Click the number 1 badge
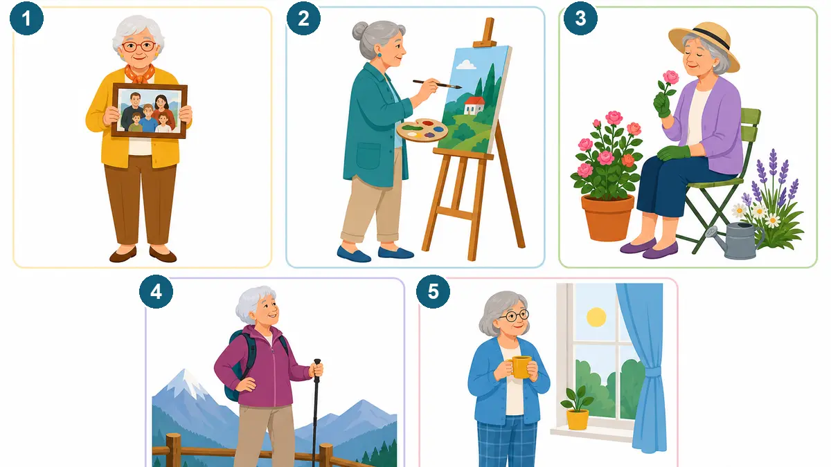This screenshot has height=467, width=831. (26, 18)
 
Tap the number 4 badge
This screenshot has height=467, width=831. (156, 292)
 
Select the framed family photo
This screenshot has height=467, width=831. (149, 111)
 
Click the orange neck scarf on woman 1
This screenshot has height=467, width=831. (140, 74)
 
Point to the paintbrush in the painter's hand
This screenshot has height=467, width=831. (437, 84)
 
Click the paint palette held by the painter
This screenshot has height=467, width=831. (422, 130)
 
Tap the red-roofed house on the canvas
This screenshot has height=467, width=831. (474, 105)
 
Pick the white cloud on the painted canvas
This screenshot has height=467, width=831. (466, 64)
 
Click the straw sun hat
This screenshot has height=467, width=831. (704, 44)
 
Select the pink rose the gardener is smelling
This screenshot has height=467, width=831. (671, 77)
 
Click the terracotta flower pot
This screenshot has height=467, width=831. (607, 217)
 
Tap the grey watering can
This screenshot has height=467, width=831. (735, 240)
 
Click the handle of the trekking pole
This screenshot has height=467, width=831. (317, 367)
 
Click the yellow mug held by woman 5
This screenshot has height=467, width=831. (519, 367)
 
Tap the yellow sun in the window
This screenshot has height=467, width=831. (596, 318)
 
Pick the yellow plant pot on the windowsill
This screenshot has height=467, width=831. (578, 419)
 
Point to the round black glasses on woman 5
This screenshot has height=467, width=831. (514, 316)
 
